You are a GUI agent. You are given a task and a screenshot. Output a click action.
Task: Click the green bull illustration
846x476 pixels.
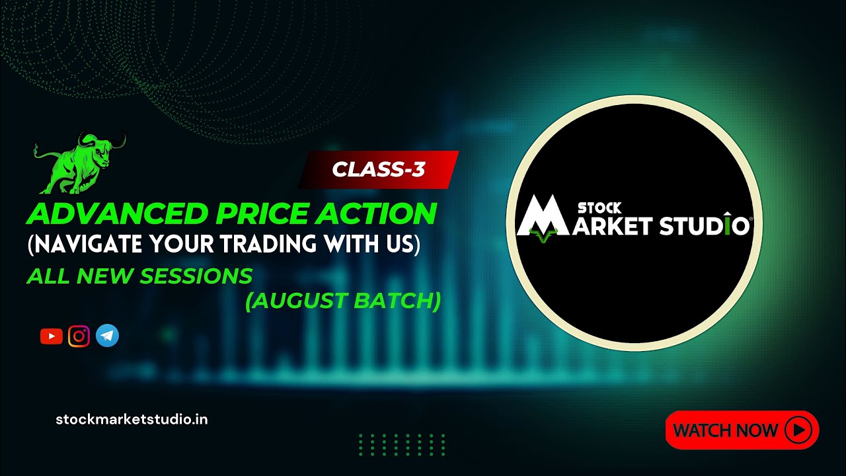[78, 163]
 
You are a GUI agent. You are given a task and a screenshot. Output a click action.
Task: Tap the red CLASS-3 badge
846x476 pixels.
[379, 170]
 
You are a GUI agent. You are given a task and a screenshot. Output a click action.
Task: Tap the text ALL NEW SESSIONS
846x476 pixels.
[139, 276]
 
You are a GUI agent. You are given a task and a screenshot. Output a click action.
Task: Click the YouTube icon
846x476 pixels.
[51, 337]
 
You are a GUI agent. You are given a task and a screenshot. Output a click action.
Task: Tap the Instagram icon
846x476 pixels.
[79, 337]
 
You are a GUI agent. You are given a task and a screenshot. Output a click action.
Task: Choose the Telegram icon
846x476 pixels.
[107, 337]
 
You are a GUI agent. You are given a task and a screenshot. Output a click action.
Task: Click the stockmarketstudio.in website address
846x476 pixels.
[132, 419]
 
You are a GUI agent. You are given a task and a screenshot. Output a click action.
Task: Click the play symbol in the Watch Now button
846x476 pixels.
[798, 430]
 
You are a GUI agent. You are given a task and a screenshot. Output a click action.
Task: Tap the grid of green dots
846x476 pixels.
[402, 445]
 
